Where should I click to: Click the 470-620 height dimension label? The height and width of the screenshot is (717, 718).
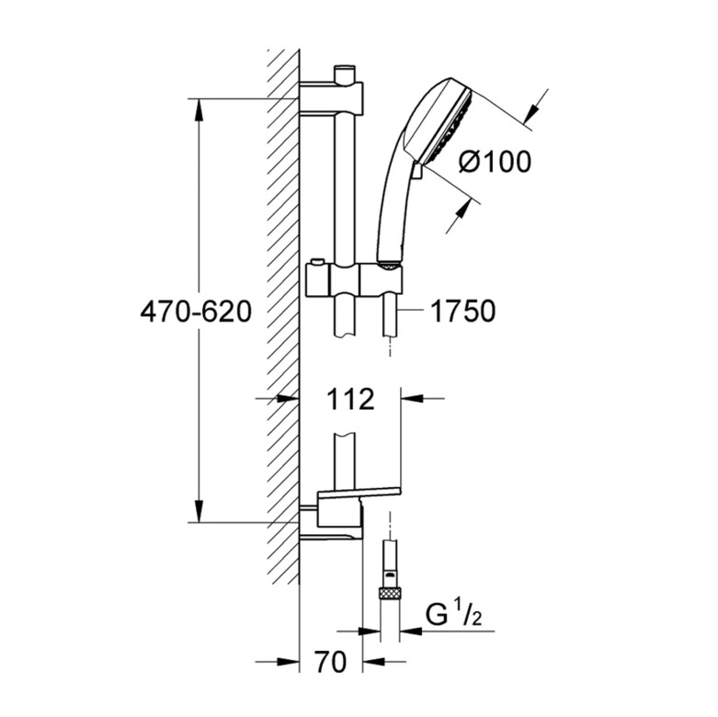tap(196, 312)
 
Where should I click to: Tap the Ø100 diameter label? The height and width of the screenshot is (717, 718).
tap(495, 162)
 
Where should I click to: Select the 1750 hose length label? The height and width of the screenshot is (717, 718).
tap(463, 312)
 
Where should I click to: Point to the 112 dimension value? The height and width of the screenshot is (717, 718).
tap(350, 399)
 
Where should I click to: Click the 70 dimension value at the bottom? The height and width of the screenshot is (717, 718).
tap(331, 662)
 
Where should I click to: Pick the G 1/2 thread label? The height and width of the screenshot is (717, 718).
tap(454, 615)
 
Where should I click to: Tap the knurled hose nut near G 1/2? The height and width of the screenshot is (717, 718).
tap(389, 595)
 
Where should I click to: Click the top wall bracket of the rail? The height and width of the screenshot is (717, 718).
tap(331, 97)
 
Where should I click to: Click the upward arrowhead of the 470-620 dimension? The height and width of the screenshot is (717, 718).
tap(199, 109)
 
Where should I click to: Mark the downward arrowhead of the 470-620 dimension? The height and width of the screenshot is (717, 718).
tap(199, 510)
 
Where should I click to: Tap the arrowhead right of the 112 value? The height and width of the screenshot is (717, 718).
tap(411, 399)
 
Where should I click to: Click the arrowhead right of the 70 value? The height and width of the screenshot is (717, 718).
tap(373, 662)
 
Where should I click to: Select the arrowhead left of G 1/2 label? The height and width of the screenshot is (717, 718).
tap(369, 632)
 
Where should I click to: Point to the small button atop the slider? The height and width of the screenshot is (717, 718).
tap(315, 261)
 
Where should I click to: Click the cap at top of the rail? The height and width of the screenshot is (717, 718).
tap(345, 74)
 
